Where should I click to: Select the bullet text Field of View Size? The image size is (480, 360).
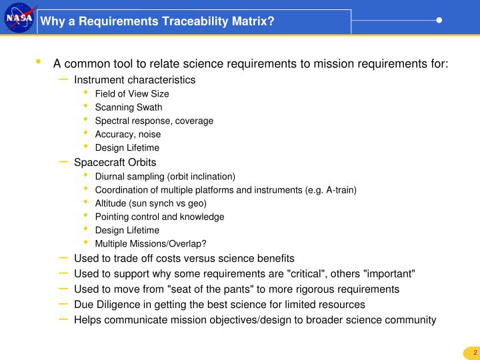click(x=132, y=94)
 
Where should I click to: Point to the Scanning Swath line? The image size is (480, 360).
click(x=129, y=107)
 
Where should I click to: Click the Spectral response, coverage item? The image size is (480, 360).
click(x=154, y=121)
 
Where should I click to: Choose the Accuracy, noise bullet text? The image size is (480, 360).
click(x=128, y=134)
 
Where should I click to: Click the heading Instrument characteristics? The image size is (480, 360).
click(x=135, y=80)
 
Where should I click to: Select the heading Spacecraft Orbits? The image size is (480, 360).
click(x=115, y=162)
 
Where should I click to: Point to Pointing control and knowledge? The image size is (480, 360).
click(x=159, y=217)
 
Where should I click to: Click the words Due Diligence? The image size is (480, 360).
click(x=106, y=304)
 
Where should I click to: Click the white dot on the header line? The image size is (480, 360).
click(x=439, y=20)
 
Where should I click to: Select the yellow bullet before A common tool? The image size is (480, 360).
click(x=39, y=63)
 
